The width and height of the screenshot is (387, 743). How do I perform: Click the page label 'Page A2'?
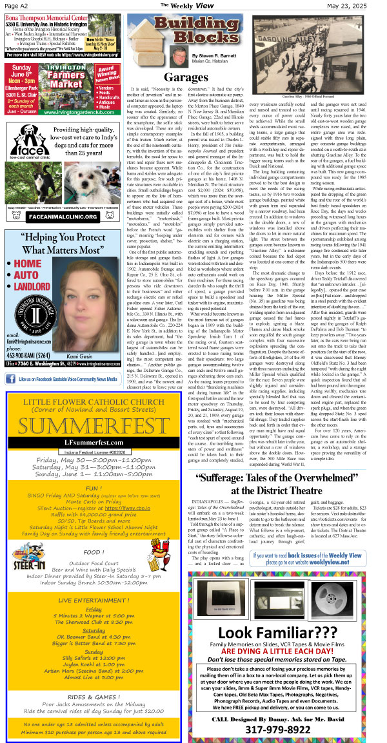click(17, 5)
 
